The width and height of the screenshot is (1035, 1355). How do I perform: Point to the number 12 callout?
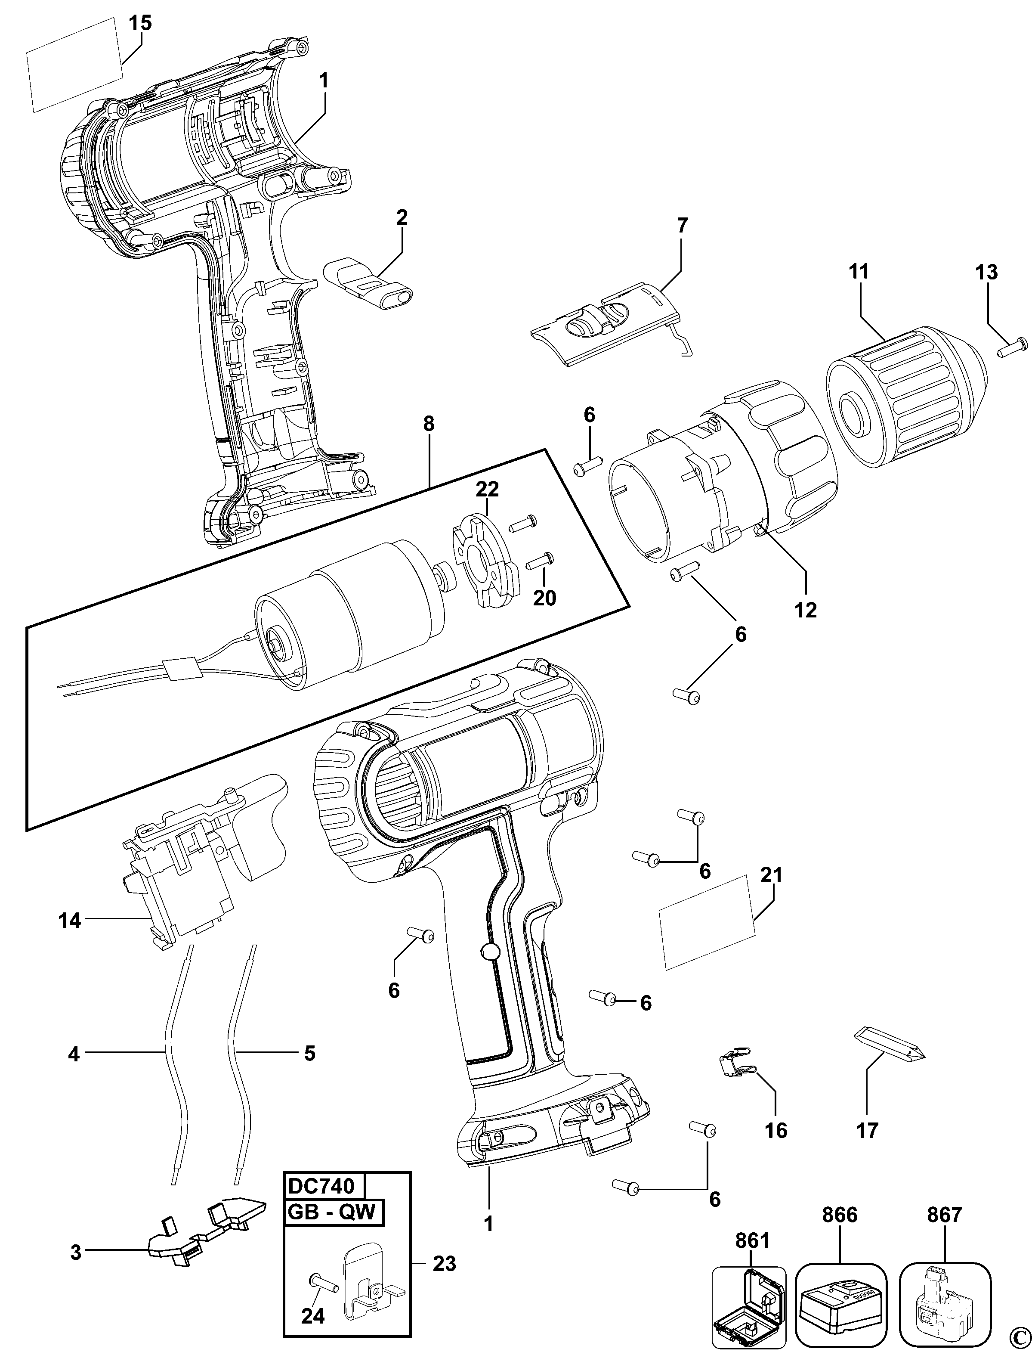pyautogui.click(x=806, y=610)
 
